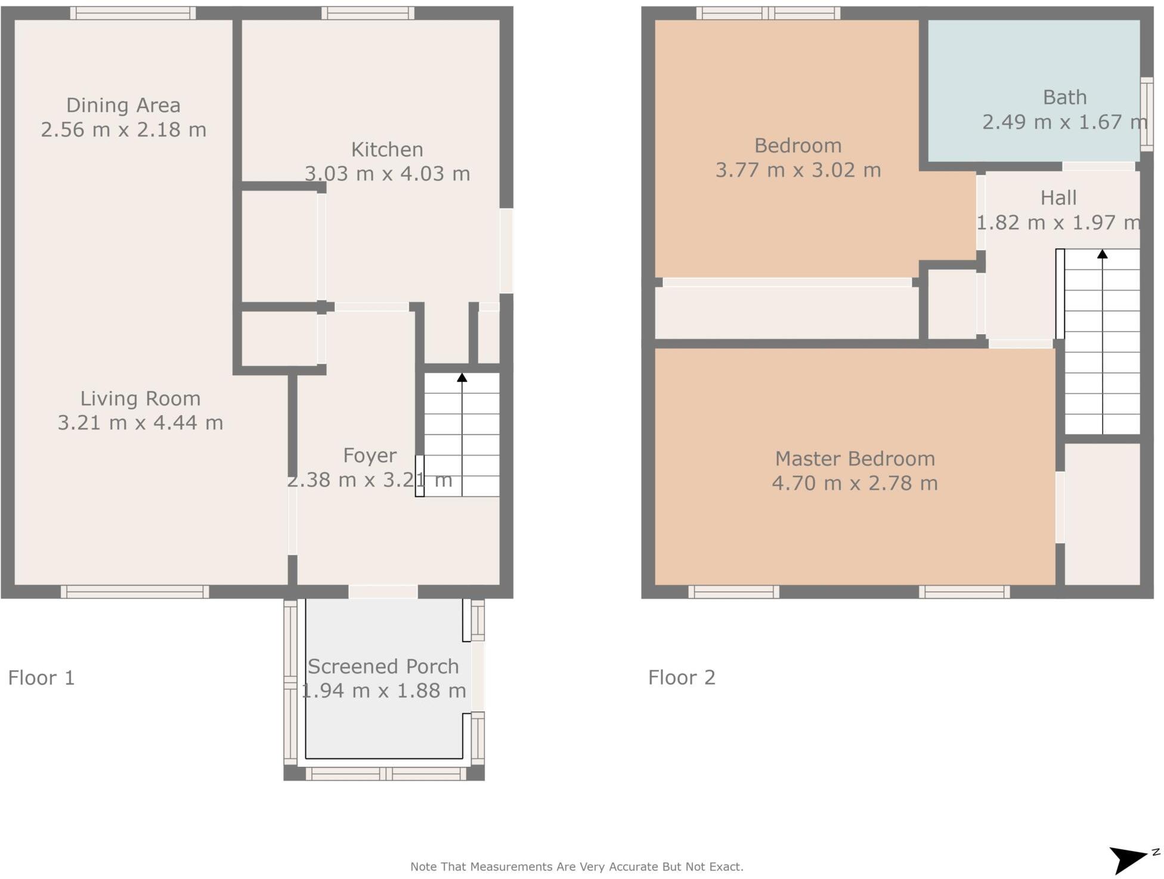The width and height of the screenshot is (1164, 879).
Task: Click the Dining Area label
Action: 123,106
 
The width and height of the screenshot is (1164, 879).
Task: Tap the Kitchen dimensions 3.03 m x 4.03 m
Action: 388,174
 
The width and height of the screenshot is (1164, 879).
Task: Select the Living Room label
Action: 140,399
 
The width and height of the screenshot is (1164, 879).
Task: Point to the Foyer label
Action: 370,456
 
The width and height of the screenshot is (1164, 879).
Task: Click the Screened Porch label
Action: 383,667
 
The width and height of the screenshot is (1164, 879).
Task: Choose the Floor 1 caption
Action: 41,678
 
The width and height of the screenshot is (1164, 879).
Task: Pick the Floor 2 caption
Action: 682,678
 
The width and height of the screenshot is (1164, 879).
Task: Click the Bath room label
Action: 1065,97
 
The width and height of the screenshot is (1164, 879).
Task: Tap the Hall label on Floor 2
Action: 1058,198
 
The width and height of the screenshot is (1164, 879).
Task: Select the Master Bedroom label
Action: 855,459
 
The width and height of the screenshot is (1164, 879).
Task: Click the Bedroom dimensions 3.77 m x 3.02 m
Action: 798,171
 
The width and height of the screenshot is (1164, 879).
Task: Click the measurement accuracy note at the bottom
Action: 577,866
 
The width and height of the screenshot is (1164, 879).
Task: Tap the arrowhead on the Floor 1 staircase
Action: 462,378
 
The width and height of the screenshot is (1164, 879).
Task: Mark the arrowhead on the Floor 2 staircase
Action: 1103,254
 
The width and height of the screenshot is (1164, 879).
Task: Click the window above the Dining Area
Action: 133,13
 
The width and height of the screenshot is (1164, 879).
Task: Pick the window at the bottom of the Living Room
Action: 135,592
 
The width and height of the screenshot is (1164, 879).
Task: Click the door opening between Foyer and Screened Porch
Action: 383,592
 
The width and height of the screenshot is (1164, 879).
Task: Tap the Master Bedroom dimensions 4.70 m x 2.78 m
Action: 855,483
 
